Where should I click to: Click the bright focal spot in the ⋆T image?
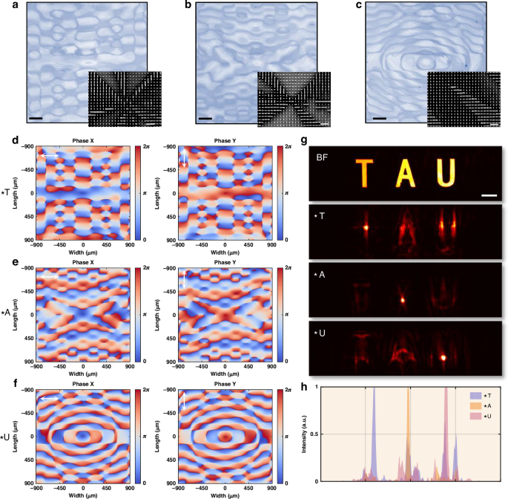[x=366, y=228]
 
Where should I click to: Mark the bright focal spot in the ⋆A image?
[x=402, y=300]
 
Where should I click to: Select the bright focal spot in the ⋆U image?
[x=443, y=357]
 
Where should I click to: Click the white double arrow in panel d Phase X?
[x=50, y=155]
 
